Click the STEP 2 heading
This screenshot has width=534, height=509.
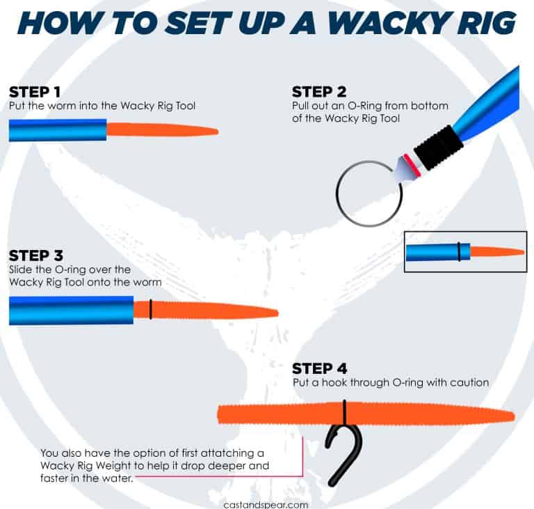[319, 92]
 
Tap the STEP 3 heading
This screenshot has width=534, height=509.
[36, 255]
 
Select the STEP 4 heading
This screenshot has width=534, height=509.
[319, 368]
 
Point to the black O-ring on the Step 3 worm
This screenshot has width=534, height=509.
[151, 309]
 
